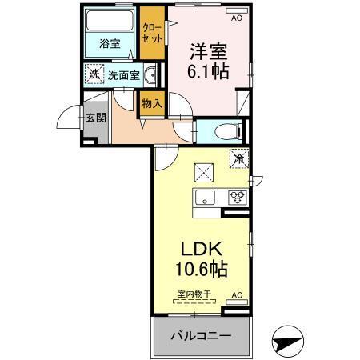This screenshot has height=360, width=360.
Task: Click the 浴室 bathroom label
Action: point(110,44)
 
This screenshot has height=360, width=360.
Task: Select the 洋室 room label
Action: point(206,53)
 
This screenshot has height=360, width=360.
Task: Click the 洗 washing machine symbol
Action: point(94,75)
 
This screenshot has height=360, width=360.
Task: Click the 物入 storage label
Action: point(151,102)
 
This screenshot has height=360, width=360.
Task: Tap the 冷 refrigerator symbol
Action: point(238,158)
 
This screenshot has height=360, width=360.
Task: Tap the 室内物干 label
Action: point(194,295)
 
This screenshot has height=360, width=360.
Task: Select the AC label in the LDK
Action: point(237,295)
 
